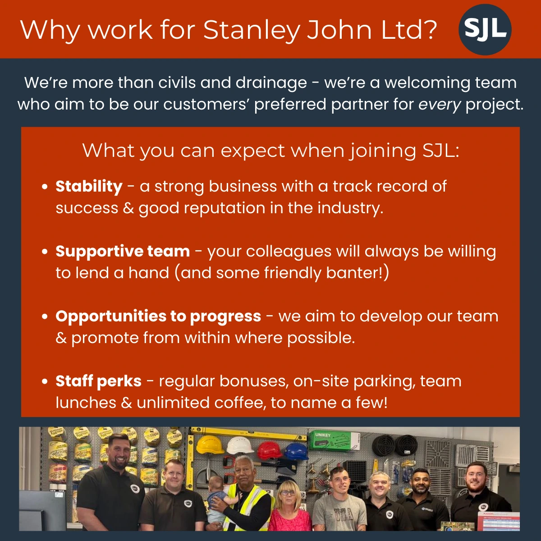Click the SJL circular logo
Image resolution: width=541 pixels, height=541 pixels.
(485, 29)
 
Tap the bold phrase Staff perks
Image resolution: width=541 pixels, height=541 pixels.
(99, 381)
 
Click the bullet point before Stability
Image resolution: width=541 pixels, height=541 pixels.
(45, 187)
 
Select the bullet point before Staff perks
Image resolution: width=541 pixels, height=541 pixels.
(45, 381)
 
